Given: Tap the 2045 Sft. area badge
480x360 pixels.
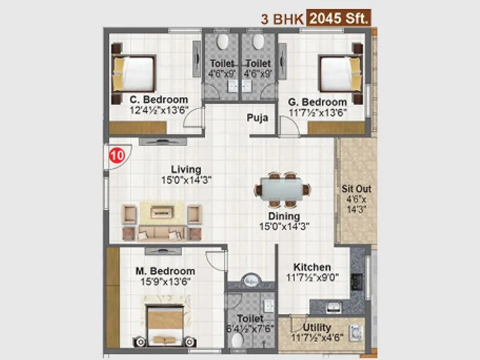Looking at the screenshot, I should pos(339,19).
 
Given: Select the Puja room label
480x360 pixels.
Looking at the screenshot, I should pos(257,118).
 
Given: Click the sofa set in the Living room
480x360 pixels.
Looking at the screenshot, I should pos(161,220).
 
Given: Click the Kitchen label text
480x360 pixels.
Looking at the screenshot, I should pos(312,267).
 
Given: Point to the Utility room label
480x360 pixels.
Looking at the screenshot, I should pos(317,327).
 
